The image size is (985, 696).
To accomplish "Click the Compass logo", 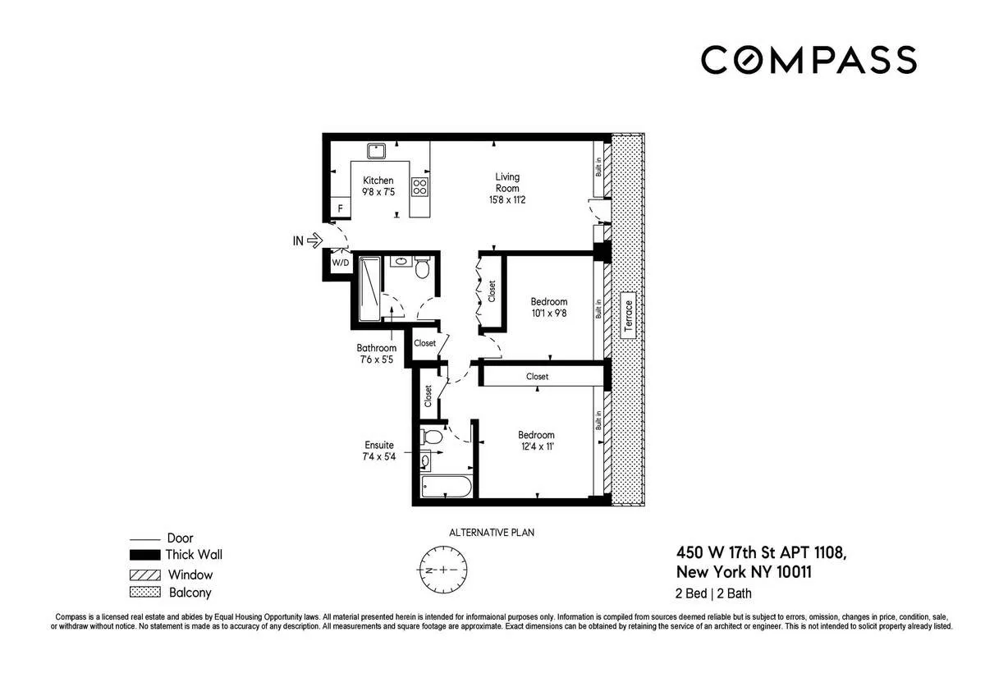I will point(808,60).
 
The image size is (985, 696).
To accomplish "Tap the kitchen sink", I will point(377,151).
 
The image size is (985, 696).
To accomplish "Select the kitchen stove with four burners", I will point(419,186).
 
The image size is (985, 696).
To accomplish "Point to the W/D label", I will point(339,263).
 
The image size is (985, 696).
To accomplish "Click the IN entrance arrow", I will point(305,240).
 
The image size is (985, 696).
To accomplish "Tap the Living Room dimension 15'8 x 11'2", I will point(506,199).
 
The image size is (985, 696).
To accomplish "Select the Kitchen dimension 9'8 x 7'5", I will point(378,192).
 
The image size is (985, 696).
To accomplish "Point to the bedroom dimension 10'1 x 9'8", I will point(548,314).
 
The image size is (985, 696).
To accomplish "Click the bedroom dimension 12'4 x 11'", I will point(535,446).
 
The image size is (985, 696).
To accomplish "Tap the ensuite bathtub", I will point(446,488).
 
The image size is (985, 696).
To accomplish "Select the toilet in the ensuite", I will point(430,436).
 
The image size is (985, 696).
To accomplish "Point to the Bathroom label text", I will point(376,348).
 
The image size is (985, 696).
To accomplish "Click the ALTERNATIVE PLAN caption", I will point(492,533).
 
